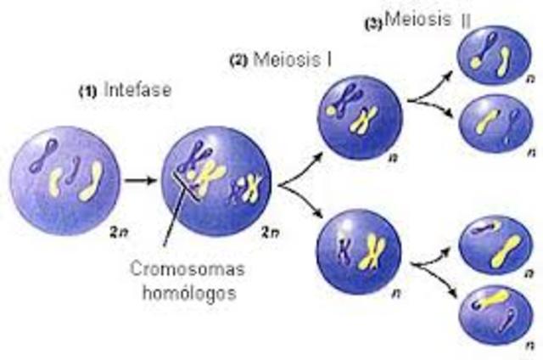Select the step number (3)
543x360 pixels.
click(372, 24)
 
